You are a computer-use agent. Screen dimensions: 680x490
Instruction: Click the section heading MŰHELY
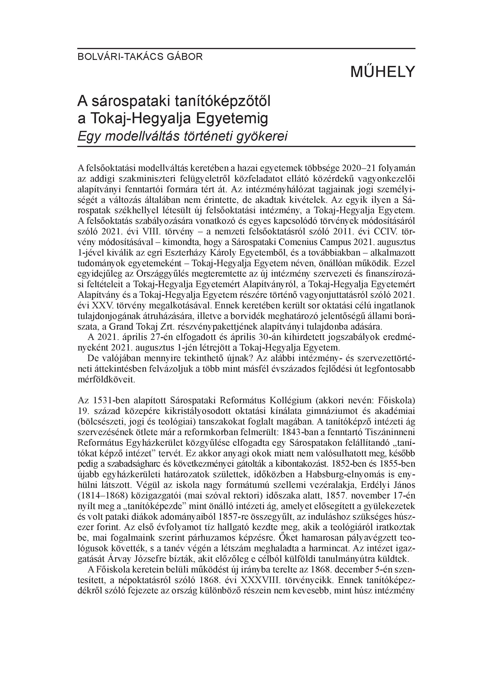point(382,71)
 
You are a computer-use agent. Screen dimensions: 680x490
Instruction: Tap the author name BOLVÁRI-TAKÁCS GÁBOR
point(140,57)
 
